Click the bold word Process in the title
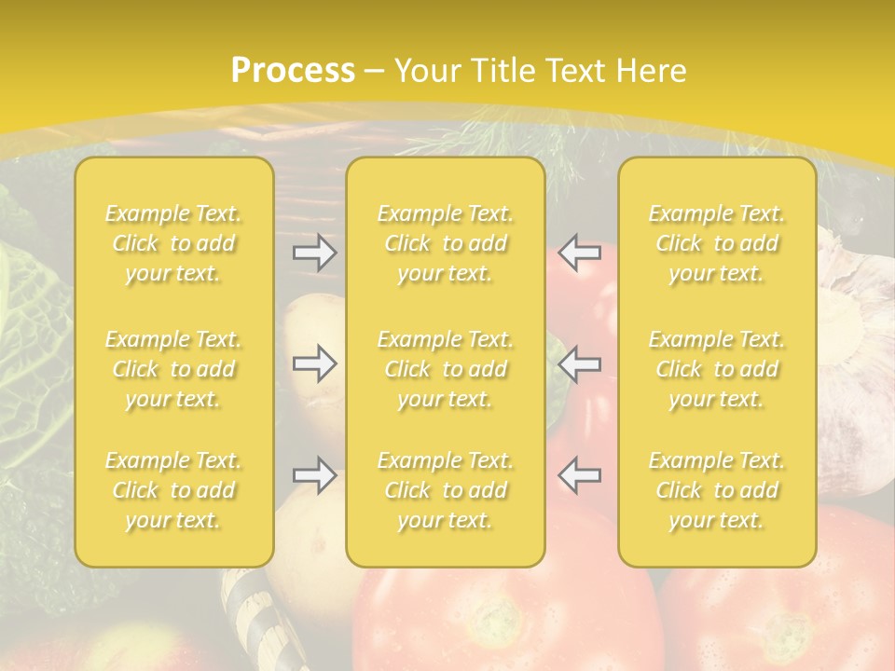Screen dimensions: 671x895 293,71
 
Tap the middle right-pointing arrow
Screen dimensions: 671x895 315,363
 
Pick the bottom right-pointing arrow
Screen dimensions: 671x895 315,475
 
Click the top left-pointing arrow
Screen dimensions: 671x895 579,252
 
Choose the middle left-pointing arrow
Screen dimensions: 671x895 579,363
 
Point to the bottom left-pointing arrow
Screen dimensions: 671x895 579,475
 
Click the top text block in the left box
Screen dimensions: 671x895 173,243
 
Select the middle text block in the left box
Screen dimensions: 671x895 173,369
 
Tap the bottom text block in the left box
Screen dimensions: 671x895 173,490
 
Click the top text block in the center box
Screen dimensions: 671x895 445,243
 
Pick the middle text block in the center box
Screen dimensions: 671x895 445,369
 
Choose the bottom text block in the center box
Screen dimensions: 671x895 445,490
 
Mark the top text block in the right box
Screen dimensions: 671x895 716,243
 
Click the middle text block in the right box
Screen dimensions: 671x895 716,369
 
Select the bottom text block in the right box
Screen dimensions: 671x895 716,490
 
